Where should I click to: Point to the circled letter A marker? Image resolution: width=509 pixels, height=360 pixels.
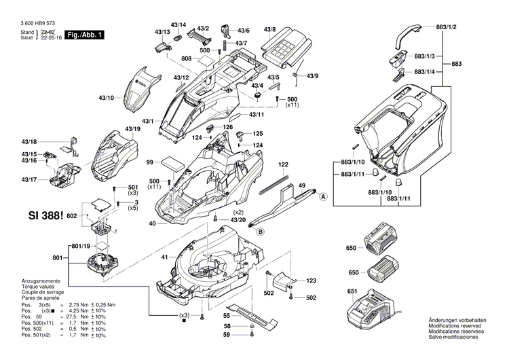pyautogui.click(x=323, y=196)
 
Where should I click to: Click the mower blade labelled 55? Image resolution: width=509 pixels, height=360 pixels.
pyautogui.click(x=252, y=315)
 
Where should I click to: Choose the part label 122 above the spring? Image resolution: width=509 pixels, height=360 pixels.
pyautogui.click(x=283, y=165)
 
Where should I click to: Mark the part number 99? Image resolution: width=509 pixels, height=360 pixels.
pyautogui.click(x=150, y=163)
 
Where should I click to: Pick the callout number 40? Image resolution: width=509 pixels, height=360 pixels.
pyautogui.click(x=153, y=223)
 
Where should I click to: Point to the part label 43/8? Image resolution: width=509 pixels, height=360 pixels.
pyautogui.click(x=269, y=30)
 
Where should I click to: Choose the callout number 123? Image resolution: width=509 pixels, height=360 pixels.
pyautogui.click(x=311, y=281)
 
